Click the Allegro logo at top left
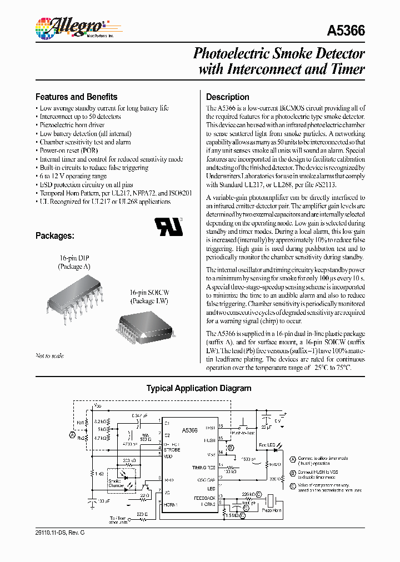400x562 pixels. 69,26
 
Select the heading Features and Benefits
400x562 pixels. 76,96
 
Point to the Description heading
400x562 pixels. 227,97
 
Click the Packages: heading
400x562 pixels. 54,235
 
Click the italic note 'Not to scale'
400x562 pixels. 49,355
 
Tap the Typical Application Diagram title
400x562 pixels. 198,389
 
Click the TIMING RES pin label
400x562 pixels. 204,469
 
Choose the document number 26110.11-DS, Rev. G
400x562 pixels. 60,533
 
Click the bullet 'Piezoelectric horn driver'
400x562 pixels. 72,126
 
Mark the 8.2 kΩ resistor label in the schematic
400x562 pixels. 100,422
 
